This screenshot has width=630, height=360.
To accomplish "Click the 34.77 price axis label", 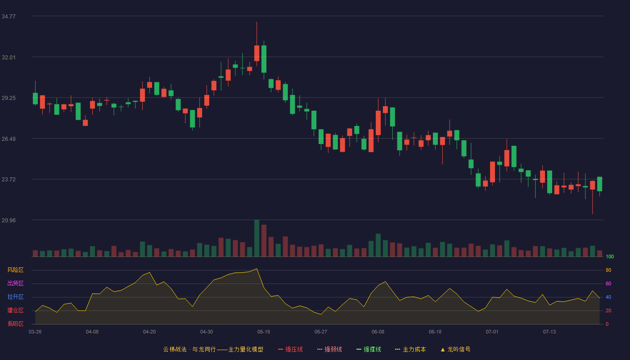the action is [x=9, y=17].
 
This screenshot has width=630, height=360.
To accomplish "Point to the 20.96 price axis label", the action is [x=9, y=220].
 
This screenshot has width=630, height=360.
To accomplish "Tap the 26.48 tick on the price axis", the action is [x=9, y=139].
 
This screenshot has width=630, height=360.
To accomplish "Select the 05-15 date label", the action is [x=264, y=332].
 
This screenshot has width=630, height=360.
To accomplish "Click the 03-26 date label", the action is [x=35, y=332].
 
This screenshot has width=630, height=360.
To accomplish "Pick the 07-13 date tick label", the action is [x=549, y=332].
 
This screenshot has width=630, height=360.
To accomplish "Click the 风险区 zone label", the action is [x=15, y=270].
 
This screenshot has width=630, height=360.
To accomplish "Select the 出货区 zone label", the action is [x=15, y=283].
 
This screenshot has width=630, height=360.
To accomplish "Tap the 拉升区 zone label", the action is [x=15, y=297].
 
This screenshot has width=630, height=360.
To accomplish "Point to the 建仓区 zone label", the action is [x=15, y=310].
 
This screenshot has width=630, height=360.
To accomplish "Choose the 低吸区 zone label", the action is [x=15, y=324].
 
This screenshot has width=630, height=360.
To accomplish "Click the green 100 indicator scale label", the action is [x=610, y=256].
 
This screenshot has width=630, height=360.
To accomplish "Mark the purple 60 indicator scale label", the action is [x=608, y=283].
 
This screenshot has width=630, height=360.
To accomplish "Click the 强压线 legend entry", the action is [x=290, y=349].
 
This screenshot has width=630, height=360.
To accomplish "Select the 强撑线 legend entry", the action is [x=369, y=349].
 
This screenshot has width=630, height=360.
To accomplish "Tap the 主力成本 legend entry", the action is [x=410, y=349].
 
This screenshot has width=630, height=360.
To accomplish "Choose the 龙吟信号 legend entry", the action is [x=455, y=349].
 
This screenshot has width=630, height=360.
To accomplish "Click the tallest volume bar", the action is [x=257, y=238].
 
